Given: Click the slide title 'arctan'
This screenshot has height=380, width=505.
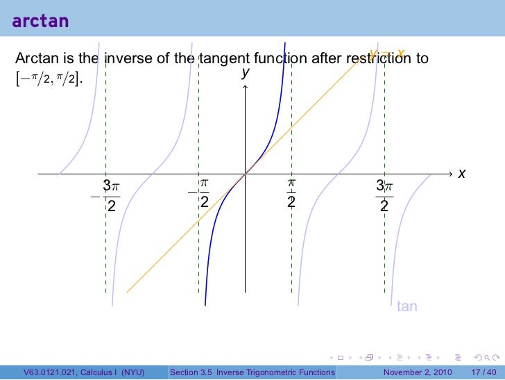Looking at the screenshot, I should (x=40, y=21).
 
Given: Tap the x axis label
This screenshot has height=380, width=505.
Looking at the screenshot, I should (x=461, y=173).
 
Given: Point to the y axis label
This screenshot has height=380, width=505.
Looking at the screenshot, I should (x=245, y=72).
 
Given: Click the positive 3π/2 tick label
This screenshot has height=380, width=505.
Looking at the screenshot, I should (x=384, y=195).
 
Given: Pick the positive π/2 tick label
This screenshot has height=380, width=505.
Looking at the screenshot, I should (x=291, y=193).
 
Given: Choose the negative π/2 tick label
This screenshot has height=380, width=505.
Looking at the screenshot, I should (x=200, y=193).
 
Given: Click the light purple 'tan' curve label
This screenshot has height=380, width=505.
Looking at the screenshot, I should (x=406, y=306).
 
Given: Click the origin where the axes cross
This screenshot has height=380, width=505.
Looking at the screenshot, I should (x=245, y=173).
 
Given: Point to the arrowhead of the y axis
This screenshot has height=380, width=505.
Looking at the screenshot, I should (x=245, y=86).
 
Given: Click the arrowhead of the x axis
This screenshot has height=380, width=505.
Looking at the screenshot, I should (x=450, y=173).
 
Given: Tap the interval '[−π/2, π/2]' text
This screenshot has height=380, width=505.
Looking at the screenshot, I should (x=48, y=80).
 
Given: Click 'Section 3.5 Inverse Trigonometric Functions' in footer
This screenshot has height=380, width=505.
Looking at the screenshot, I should (x=252, y=372).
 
